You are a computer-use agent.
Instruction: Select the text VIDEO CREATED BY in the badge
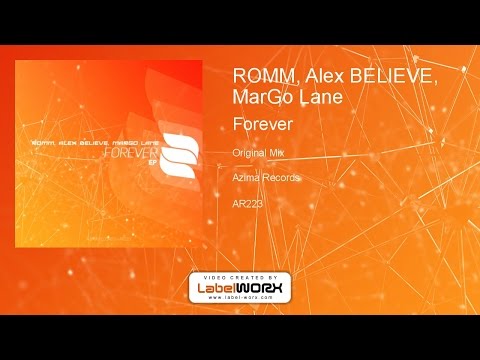coord(239,276)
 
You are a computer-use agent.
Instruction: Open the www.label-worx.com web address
coord(239,300)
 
